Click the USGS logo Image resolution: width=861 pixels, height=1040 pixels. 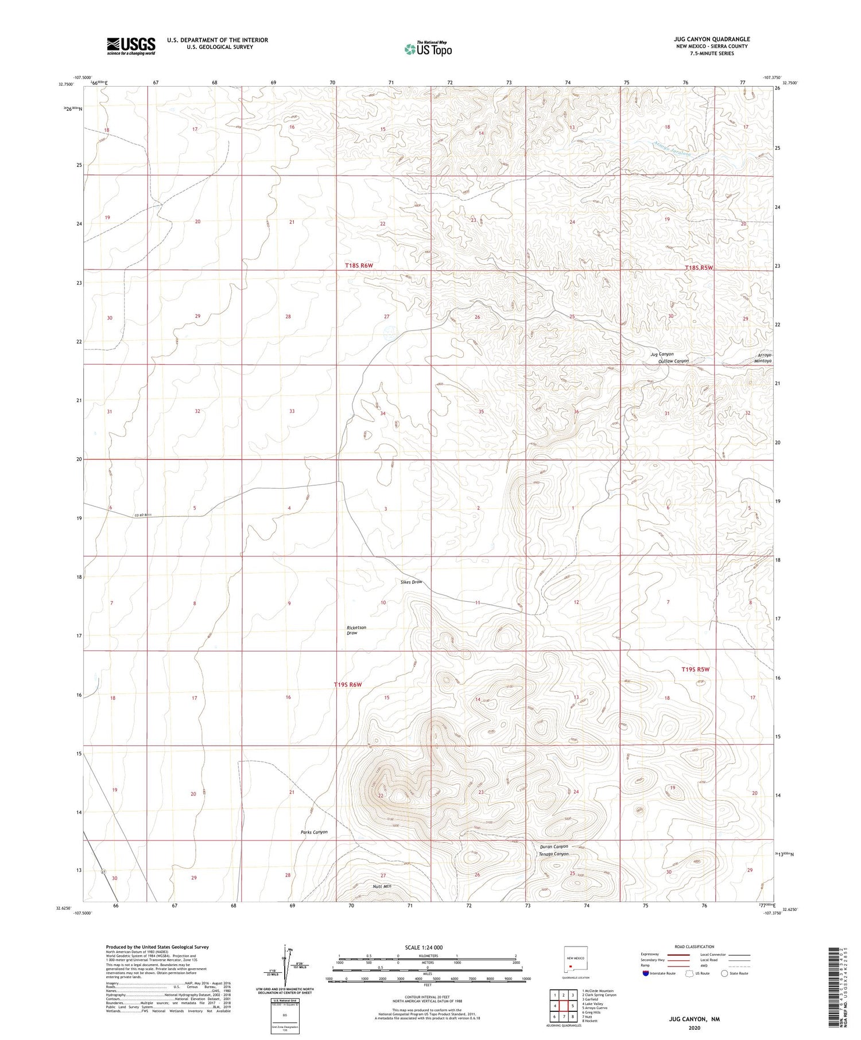tap(131, 46)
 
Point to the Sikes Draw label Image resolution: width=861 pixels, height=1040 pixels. tap(411, 582)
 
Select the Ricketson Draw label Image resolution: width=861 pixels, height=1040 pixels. tap(356, 630)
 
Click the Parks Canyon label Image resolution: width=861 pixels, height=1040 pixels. tap(314, 832)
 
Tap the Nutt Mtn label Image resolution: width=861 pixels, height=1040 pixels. tap(382, 886)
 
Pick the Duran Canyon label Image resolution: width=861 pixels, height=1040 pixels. tap(554, 846)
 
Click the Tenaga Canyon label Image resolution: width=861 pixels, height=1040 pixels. tap(553, 854)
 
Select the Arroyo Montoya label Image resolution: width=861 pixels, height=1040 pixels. tap(763, 358)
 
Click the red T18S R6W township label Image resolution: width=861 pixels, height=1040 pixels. tap(359, 265)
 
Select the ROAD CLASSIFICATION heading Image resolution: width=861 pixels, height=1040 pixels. tap(694, 946)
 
